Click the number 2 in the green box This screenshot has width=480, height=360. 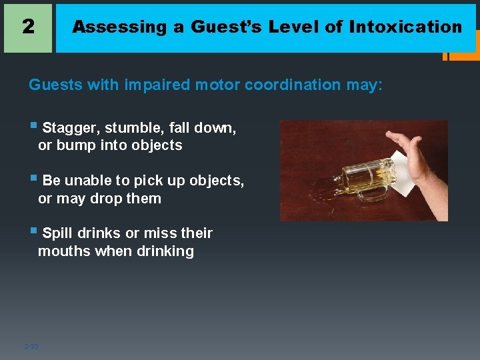[x=27, y=27]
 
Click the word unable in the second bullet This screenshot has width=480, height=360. [x=87, y=181]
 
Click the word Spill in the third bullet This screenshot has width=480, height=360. [x=57, y=233]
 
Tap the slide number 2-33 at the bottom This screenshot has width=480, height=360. [x=31, y=346]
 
